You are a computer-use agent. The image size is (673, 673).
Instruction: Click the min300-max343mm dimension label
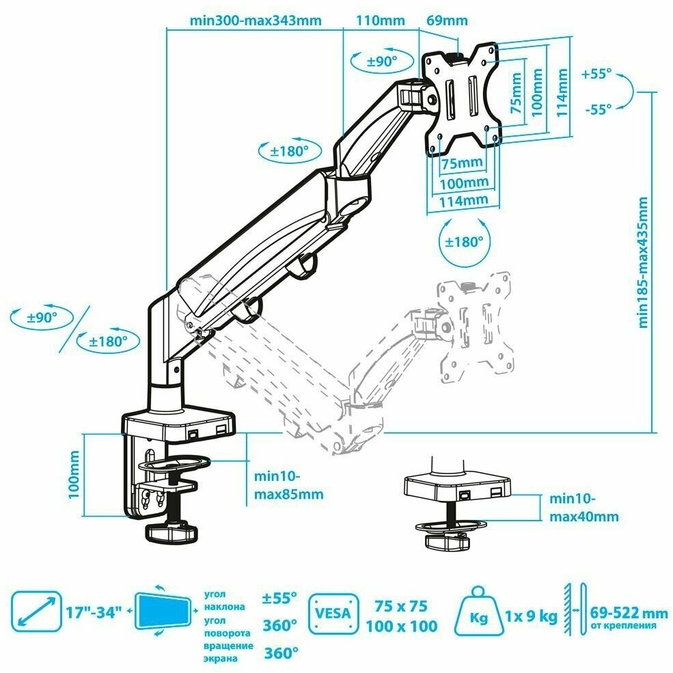256,20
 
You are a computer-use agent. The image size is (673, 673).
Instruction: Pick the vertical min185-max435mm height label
642,262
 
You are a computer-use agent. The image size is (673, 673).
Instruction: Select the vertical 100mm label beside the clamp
74,475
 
